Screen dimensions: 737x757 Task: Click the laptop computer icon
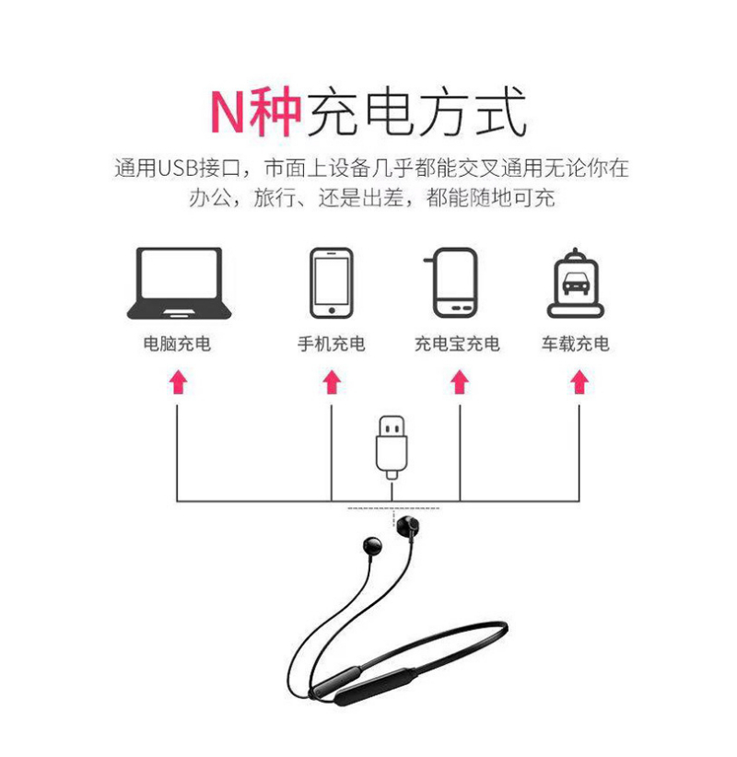(179, 284)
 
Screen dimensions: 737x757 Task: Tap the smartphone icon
(332, 283)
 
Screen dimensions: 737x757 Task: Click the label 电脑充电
(177, 344)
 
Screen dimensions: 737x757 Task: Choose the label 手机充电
(332, 344)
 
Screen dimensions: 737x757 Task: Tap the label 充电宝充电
(457, 344)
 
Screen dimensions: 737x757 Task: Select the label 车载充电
(575, 344)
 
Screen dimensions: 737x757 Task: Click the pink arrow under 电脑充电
(178, 382)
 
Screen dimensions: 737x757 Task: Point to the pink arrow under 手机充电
(332, 382)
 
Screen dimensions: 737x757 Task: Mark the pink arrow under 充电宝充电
(460, 382)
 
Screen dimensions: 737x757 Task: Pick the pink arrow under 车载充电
(579, 382)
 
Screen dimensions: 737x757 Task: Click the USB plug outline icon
(392, 448)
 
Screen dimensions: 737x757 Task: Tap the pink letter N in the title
(227, 111)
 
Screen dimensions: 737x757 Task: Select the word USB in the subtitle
(179, 169)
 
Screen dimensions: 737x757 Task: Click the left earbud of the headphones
(372, 545)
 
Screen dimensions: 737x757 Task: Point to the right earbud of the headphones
(409, 526)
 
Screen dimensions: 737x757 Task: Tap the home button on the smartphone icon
(332, 310)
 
